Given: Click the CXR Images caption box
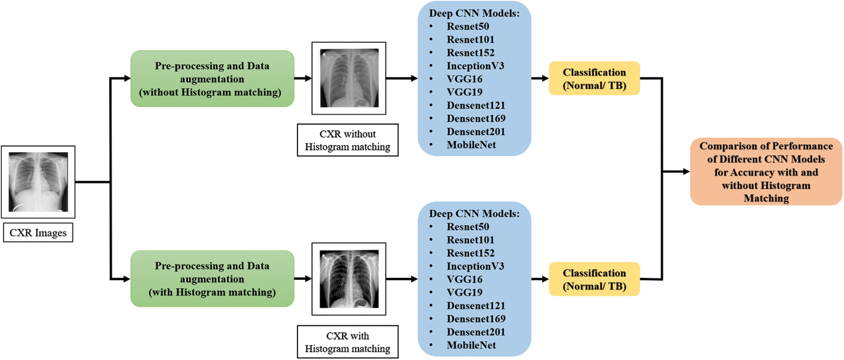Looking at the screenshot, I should pyautogui.click(x=38, y=233).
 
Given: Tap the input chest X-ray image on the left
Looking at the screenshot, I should pyautogui.click(x=38, y=182).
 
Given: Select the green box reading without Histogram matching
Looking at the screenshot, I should pyautogui.click(x=212, y=79).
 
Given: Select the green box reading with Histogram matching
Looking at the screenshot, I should pyautogui.click(x=212, y=279).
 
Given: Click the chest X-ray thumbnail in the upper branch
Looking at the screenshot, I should pyautogui.click(x=349, y=78).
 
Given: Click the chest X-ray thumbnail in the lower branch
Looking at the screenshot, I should pyautogui.click(x=349, y=279).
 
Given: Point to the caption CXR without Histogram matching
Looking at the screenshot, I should pyautogui.click(x=348, y=140).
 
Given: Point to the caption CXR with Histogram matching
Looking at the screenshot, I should pyautogui.click(x=348, y=342).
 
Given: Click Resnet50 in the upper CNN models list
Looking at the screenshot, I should pyautogui.click(x=467, y=26).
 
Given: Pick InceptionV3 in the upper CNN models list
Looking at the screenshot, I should pyautogui.click(x=475, y=66).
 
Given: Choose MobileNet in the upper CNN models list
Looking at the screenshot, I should pyautogui.click(x=471, y=145).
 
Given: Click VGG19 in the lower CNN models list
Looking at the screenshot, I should pyautogui.click(x=464, y=292).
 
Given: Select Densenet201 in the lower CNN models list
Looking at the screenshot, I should pyautogui.click(x=476, y=332).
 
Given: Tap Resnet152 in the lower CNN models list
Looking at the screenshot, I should pyautogui.click(x=470, y=253).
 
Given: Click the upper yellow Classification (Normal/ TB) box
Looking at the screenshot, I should pyautogui.click(x=594, y=78).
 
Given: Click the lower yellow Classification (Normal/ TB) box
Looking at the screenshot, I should pyautogui.click(x=594, y=279).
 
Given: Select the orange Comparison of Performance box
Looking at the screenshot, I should pyautogui.click(x=766, y=172).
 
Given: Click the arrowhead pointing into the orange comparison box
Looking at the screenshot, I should pyautogui.click(x=686, y=172).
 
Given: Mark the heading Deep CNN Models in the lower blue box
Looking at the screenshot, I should pyautogui.click(x=474, y=214).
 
